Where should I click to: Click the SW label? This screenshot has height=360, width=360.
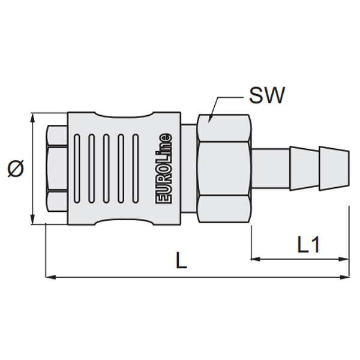tap(267, 95)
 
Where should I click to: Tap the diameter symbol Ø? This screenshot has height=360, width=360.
tap(16, 169)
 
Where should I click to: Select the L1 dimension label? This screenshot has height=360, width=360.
tap(308, 245)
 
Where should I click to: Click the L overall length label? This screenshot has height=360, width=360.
tap(181, 260)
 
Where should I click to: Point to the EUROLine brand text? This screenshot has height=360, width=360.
tap(164, 168)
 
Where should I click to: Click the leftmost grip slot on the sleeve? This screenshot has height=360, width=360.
tap(77, 169)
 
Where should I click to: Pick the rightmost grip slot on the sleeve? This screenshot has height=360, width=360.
tap(136, 169)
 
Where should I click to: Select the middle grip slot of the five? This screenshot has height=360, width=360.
tap(106, 169)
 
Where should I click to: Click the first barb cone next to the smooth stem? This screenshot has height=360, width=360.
tap(304, 168)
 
